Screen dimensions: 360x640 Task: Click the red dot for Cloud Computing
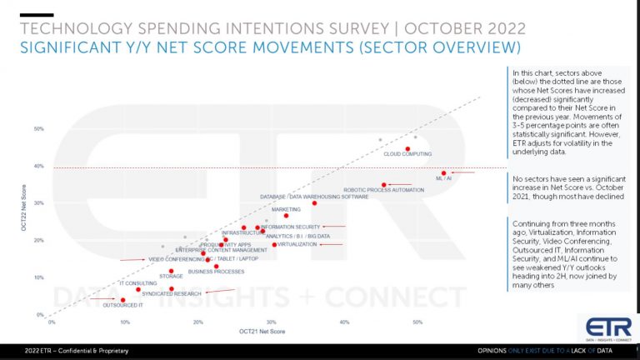407,149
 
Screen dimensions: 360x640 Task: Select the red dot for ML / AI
444,173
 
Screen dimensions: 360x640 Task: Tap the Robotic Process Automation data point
384,185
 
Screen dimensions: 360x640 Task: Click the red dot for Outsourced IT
122,300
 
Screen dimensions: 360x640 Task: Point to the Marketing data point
286,216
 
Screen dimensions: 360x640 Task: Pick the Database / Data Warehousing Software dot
314,203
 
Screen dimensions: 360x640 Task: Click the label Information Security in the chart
291,227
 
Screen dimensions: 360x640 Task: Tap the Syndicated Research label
172,294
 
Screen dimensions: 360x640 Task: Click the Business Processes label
216,272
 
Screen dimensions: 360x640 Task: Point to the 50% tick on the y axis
39,129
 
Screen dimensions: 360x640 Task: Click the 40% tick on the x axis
344,322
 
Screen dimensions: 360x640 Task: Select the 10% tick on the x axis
124,322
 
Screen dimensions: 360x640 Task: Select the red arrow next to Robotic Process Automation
402,184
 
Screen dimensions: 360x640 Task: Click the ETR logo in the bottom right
603,327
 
